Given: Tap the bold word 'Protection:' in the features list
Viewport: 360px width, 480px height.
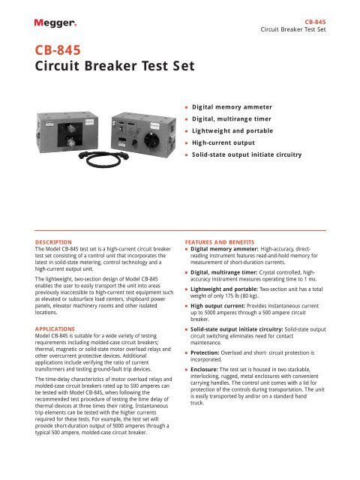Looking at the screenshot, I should click(212, 372).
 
